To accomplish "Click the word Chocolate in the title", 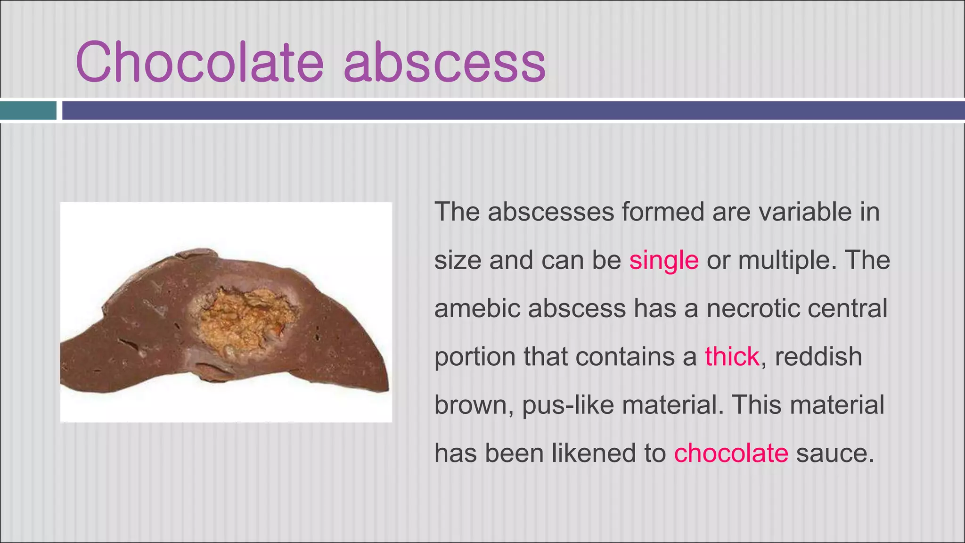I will click(199, 62).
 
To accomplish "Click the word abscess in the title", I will click(444, 62).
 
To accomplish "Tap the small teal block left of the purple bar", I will click(28, 111).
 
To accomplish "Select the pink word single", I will click(663, 260).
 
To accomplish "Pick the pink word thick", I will click(732, 357).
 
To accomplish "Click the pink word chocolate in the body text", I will click(731, 453).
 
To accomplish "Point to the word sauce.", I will click(835, 453).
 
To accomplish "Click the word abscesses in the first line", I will click(551, 212).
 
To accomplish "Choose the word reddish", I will click(818, 357).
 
